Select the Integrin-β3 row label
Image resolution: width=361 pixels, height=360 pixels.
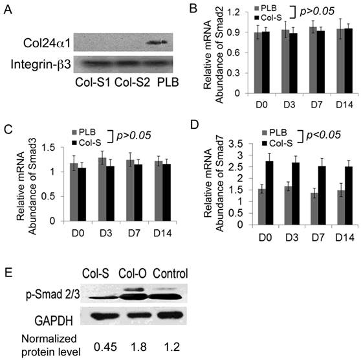40,63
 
